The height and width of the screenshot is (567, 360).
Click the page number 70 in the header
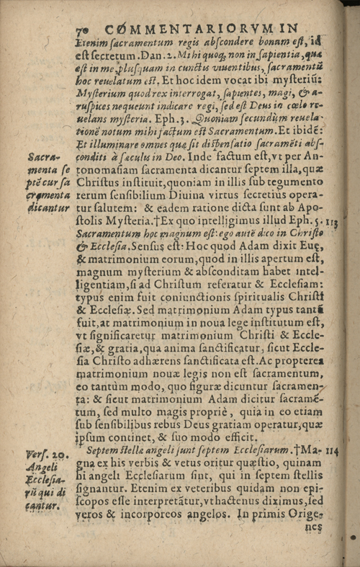[x=81, y=29]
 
